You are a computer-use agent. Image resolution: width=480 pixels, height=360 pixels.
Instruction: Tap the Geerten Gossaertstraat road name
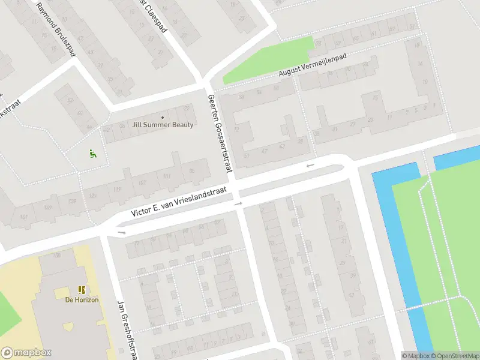[220, 134]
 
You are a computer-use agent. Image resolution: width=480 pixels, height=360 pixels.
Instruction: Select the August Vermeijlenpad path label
[313, 64]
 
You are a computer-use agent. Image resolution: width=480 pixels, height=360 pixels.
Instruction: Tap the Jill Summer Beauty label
[163, 125]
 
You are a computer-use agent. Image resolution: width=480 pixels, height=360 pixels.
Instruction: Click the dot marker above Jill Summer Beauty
[163, 116]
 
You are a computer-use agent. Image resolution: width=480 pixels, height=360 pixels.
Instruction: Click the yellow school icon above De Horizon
[82, 290]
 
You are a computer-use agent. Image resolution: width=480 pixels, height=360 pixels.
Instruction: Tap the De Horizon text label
[82, 300]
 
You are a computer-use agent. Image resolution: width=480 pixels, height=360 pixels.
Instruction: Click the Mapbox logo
[26, 353]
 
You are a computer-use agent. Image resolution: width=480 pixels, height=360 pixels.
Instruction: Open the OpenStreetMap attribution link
[454, 356]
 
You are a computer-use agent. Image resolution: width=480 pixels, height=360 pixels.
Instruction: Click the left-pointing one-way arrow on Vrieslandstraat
[310, 165]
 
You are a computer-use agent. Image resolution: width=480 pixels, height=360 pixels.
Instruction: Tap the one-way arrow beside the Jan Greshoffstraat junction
[122, 232]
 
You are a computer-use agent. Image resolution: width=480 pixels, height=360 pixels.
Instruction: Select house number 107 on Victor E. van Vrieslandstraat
[142, 183]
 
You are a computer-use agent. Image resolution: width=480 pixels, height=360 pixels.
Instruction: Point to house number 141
[24, 217]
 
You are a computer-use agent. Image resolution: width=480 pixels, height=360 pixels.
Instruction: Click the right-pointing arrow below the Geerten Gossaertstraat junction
[238, 204]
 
